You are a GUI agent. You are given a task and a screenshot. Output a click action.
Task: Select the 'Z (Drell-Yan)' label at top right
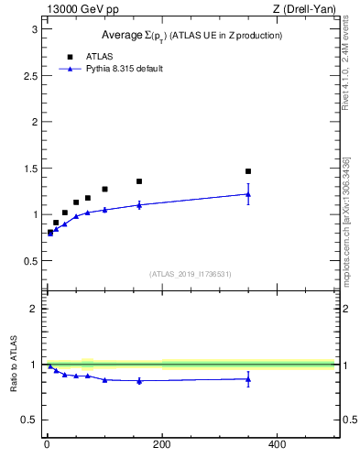(x=306, y=10)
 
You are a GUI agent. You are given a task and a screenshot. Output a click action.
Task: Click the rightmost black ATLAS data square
(x=248, y=171)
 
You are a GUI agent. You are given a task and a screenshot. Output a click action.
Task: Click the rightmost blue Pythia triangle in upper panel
(x=248, y=193)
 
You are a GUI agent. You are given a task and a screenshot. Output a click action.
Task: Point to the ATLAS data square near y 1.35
(x=139, y=181)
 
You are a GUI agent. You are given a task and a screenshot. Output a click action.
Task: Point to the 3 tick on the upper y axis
(x=33, y=29)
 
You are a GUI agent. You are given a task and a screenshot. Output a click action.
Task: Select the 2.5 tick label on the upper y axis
(x=29, y=75)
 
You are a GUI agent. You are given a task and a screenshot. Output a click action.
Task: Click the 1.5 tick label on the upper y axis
(x=29, y=169)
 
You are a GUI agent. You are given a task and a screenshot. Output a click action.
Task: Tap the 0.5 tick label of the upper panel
(x=29, y=261)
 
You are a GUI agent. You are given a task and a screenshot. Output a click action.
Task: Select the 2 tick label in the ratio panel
(x=33, y=309)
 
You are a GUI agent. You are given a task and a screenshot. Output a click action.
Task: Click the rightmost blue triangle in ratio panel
(x=248, y=379)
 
